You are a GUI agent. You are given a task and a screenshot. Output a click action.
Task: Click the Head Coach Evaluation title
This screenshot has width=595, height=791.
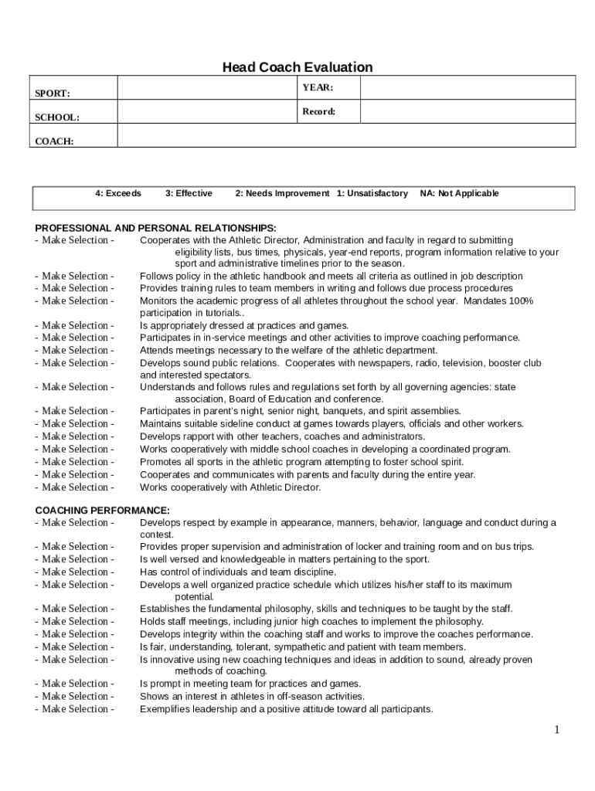(x=297, y=67)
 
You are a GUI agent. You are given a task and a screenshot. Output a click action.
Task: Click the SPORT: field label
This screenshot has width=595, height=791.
(x=53, y=93)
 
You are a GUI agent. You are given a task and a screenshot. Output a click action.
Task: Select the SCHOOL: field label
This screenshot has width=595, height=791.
(x=56, y=117)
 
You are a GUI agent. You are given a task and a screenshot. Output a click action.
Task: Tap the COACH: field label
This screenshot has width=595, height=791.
(x=54, y=141)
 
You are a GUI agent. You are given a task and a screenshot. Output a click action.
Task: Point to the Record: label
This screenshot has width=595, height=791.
(x=318, y=111)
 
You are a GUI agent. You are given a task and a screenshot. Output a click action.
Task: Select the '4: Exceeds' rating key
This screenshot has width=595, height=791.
(x=118, y=193)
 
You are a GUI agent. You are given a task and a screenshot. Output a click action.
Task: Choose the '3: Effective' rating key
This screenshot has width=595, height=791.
(x=189, y=193)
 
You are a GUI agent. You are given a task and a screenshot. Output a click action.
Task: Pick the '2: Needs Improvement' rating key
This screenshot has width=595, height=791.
(x=282, y=193)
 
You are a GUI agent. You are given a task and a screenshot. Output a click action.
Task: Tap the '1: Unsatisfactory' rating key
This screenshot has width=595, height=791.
(x=372, y=193)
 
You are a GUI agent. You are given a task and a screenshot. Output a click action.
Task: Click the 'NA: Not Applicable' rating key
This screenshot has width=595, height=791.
(x=460, y=193)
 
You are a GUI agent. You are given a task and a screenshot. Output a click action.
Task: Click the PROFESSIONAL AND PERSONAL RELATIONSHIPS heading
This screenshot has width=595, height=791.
(x=156, y=228)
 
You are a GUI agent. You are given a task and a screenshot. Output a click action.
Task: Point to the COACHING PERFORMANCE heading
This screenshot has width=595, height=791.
(x=103, y=511)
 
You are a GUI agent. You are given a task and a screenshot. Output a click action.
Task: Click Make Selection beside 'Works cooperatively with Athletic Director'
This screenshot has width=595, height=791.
(x=75, y=487)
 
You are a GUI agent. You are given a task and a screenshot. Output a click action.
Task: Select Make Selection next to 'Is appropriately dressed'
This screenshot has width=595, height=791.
(x=75, y=325)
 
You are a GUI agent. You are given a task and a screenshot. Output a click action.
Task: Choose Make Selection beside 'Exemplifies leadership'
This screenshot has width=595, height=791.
(x=75, y=709)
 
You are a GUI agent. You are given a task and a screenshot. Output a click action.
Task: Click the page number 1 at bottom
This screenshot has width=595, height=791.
(x=556, y=730)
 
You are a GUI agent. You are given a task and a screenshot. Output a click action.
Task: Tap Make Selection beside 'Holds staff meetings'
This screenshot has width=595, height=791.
(x=75, y=621)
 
